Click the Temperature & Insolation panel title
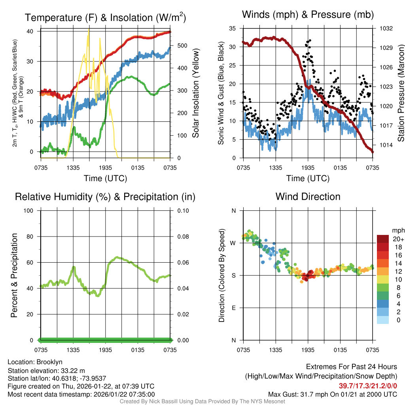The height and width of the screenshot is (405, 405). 105,17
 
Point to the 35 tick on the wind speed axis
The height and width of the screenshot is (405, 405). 233,28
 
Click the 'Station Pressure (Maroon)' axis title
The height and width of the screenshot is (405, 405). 401,93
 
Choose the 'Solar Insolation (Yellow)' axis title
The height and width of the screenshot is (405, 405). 195,93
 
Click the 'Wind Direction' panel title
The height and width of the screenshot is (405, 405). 308,197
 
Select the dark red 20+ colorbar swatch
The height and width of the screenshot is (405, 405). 383,239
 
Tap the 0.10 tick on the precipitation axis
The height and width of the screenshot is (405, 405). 183,210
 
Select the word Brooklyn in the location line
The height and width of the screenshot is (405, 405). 49,362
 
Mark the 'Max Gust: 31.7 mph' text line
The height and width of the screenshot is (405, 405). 333,394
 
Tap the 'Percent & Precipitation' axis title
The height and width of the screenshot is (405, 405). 14,275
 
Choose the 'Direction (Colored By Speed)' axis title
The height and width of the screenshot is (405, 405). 222,275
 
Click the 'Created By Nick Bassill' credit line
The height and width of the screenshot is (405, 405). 202,401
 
